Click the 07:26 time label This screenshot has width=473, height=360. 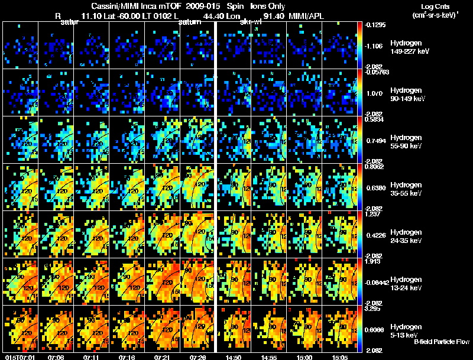[197, 357]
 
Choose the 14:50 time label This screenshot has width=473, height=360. [233, 357]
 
